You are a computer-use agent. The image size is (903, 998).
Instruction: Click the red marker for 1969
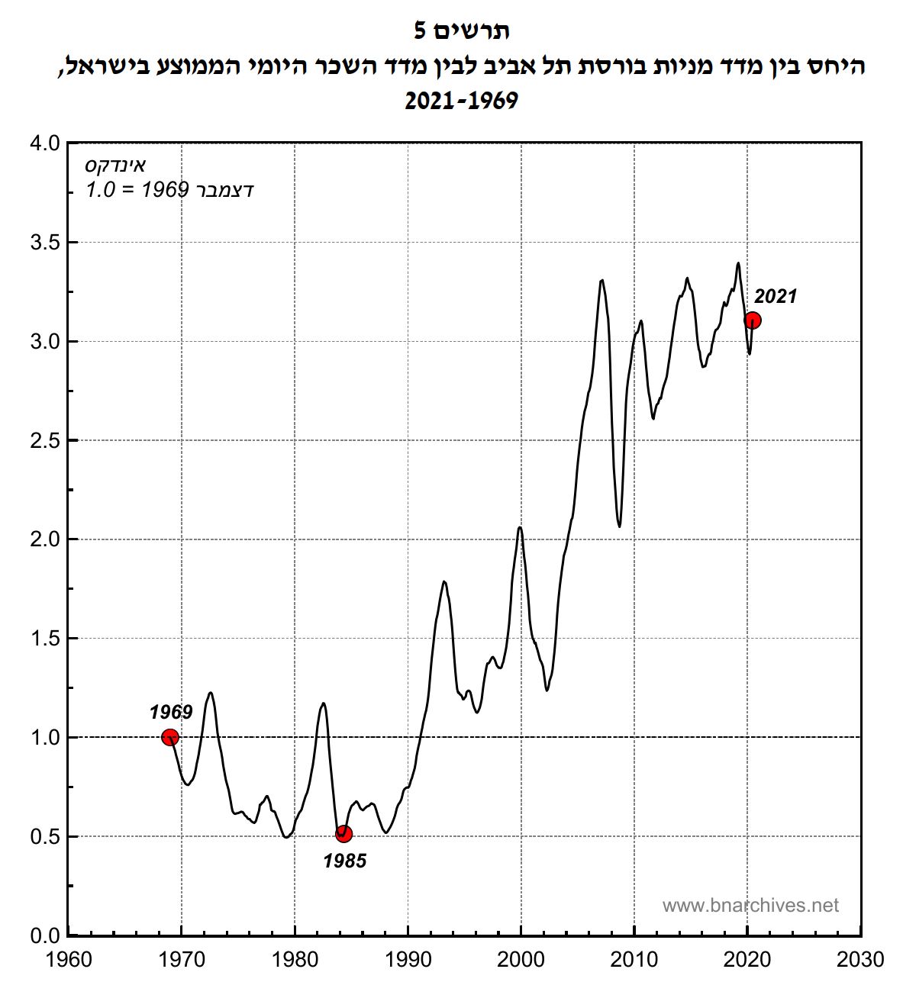click(x=170, y=737)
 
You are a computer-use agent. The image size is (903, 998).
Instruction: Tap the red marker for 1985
click(x=343, y=833)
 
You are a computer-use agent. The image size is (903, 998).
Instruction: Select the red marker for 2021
click(x=753, y=320)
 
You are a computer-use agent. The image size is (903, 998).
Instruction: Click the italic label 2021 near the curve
click(x=775, y=297)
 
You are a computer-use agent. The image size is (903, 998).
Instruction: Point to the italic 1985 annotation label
click(x=345, y=861)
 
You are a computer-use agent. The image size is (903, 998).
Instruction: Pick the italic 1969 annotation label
click(x=171, y=712)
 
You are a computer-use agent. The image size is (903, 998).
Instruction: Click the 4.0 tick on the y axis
click(x=45, y=143)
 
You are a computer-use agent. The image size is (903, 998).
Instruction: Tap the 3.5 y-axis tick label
click(x=45, y=243)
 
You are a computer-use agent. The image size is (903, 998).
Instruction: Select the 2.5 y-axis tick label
click(x=45, y=440)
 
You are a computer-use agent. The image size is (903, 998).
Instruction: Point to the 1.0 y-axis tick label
click(x=45, y=737)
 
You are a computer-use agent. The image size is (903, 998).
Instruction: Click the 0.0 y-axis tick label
click(x=45, y=935)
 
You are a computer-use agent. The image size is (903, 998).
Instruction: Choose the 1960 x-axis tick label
click(x=69, y=959)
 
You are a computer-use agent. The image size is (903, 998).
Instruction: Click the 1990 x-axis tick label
click(x=408, y=959)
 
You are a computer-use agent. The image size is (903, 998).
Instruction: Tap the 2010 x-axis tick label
click(x=634, y=959)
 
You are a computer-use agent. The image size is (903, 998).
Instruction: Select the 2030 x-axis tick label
click(x=860, y=959)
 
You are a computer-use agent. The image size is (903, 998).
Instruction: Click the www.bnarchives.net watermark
click(x=750, y=906)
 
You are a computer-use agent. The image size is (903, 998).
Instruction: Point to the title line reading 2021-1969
click(x=461, y=101)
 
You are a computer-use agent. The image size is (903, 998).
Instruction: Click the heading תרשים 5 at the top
click(x=461, y=31)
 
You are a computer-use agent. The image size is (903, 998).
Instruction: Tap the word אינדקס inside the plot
click(x=115, y=166)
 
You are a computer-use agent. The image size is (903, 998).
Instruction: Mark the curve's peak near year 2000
click(x=520, y=527)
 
